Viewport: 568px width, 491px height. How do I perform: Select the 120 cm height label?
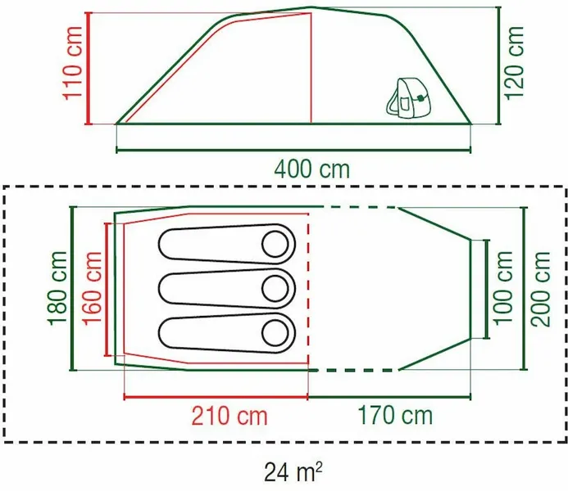515,61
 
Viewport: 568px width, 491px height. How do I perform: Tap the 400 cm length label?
311,170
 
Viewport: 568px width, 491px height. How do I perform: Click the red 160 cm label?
92,288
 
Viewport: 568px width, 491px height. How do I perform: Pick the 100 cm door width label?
506,288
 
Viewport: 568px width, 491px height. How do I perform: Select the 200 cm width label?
541,288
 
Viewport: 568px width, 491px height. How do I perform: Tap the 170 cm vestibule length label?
394,416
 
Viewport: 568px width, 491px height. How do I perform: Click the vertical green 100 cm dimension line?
488,288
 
